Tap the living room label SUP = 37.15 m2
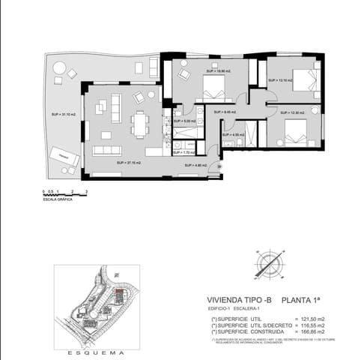click(128, 162)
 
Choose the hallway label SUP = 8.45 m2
click(225, 112)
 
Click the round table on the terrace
click(58, 68)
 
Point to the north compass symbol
click(270, 264)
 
